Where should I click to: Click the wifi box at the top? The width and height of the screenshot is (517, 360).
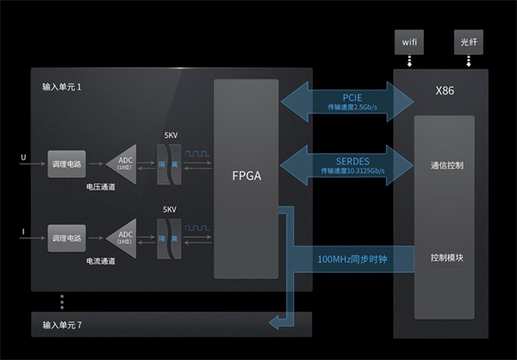[x=408, y=41]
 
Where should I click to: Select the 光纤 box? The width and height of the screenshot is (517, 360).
[x=468, y=41]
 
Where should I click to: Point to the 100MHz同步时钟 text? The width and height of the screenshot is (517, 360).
[x=352, y=258]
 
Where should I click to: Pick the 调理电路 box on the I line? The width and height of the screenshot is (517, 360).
[x=66, y=237]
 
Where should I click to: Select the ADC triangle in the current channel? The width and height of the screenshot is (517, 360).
[x=123, y=237]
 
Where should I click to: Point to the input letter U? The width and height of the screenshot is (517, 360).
[x=23, y=158]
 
